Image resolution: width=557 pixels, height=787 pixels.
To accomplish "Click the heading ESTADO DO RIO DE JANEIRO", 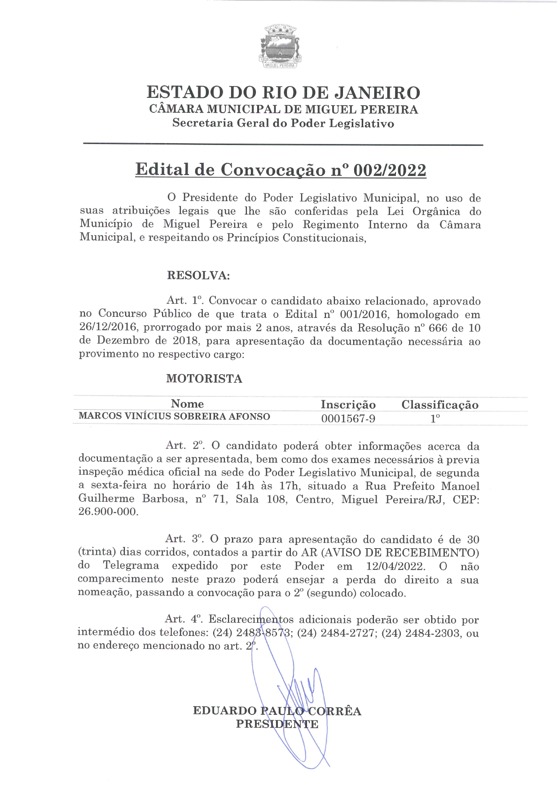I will [283, 92].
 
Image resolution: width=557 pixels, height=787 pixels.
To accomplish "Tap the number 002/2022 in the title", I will [390, 170].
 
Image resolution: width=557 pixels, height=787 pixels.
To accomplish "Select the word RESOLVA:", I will [198, 275].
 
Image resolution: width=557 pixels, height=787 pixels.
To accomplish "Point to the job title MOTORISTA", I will [204, 379].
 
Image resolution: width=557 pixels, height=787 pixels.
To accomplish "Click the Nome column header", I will [187, 404].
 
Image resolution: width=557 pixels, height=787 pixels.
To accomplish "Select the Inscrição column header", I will [348, 405].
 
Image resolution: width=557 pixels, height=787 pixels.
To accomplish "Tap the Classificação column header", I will [440, 405].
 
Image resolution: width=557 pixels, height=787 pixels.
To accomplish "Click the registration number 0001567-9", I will [348, 419].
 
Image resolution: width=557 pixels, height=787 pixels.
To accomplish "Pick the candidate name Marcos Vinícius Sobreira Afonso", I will [175, 416].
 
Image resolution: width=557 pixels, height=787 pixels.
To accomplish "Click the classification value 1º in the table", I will [435, 419].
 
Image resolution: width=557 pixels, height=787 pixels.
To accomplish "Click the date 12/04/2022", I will [395, 566].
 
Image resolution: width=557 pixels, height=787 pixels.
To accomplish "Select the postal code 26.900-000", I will [108, 512].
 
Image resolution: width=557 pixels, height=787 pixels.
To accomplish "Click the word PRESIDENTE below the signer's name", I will [277, 724].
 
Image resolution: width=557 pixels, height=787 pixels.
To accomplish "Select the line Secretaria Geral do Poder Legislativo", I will [283, 123].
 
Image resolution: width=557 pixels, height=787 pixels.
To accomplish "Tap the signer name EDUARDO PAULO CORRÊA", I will [277, 711].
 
